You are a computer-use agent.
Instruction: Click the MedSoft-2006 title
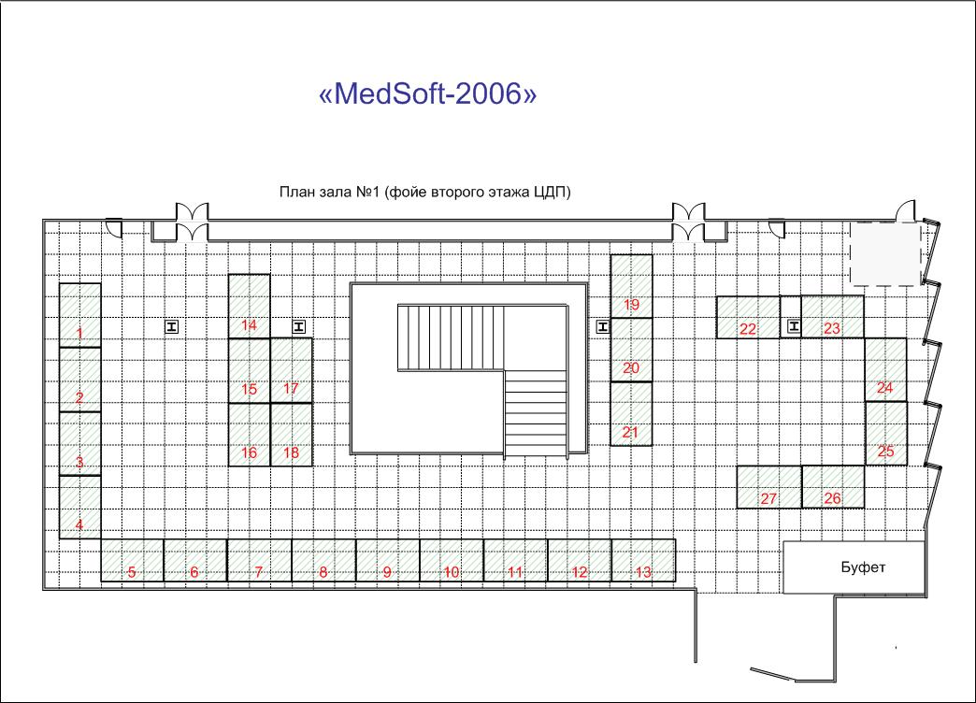click(427, 94)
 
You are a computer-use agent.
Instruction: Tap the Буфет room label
click(863, 567)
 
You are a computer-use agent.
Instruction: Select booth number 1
click(80, 315)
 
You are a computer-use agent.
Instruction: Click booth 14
click(249, 307)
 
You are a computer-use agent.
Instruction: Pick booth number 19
click(631, 286)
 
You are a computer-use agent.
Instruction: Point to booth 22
click(748, 318)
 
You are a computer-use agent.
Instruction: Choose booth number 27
click(769, 487)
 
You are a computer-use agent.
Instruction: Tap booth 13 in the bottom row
click(643, 560)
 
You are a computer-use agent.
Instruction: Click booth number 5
click(133, 560)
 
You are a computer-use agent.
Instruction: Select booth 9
click(388, 560)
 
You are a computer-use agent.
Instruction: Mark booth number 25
click(885, 434)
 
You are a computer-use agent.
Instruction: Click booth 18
click(292, 435)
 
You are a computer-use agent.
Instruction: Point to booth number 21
click(631, 413)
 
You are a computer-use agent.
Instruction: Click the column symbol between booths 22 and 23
click(794, 325)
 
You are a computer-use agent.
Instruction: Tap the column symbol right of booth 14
click(299, 326)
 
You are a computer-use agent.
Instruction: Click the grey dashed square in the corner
click(885, 253)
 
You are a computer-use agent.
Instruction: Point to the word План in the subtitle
click(297, 192)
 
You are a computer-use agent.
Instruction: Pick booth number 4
click(80, 507)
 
